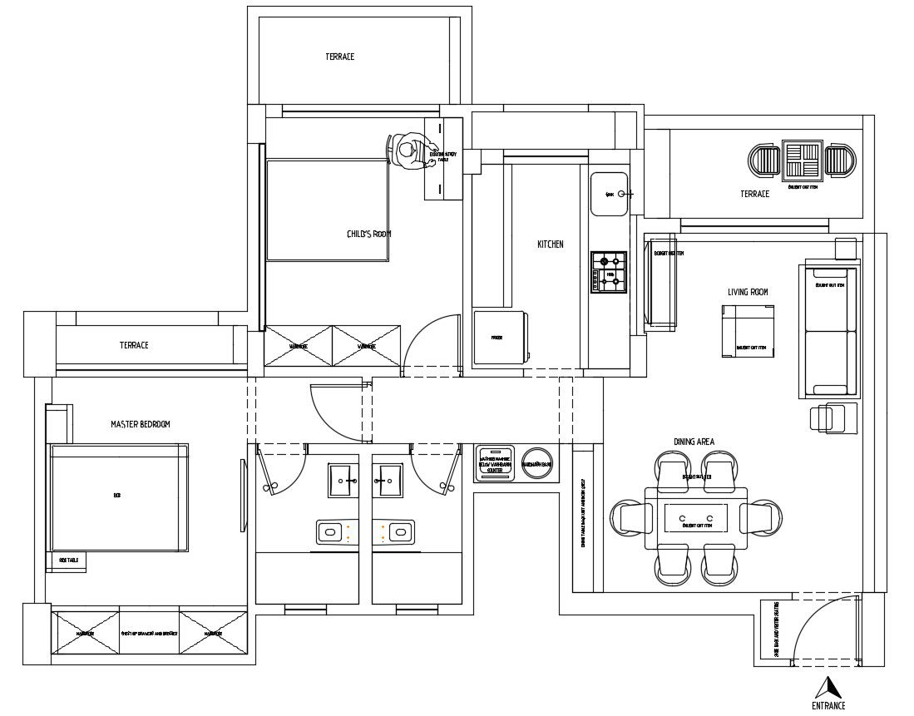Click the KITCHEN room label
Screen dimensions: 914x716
(x=550, y=244)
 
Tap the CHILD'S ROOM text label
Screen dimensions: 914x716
(x=368, y=235)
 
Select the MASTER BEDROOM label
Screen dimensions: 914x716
(x=140, y=424)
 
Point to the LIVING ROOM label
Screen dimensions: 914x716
(x=748, y=292)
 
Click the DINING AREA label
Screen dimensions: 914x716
(x=694, y=442)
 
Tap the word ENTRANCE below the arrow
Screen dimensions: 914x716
(x=828, y=706)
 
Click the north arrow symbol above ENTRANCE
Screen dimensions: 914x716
(x=828, y=687)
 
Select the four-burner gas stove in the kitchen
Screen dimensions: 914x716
(x=609, y=272)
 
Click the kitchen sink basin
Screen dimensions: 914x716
(x=609, y=194)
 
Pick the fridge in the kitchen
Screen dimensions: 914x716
(x=497, y=338)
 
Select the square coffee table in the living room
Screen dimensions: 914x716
(x=747, y=331)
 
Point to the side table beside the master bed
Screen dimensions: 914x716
(x=69, y=561)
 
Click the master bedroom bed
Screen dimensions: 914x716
(x=118, y=497)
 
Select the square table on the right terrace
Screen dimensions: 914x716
(x=803, y=160)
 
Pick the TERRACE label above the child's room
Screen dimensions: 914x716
(x=339, y=57)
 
